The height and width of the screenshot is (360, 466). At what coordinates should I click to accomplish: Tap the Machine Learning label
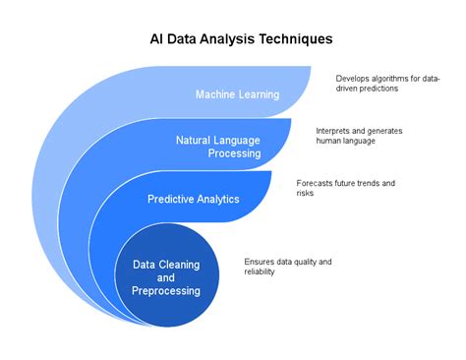[237, 94]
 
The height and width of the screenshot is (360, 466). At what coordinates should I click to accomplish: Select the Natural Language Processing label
[218, 147]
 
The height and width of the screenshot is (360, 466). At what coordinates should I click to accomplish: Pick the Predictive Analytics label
[194, 199]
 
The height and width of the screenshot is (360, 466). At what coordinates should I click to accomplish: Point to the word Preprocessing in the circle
[166, 290]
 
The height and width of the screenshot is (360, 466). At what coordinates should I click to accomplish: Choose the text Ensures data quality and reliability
[288, 266]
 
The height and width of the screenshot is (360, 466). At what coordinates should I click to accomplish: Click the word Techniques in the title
[293, 39]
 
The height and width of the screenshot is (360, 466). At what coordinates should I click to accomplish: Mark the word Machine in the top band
[215, 94]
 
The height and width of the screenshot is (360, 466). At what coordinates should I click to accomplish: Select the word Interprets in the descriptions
[334, 131]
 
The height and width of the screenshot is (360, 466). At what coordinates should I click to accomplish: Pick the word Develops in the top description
[353, 79]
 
